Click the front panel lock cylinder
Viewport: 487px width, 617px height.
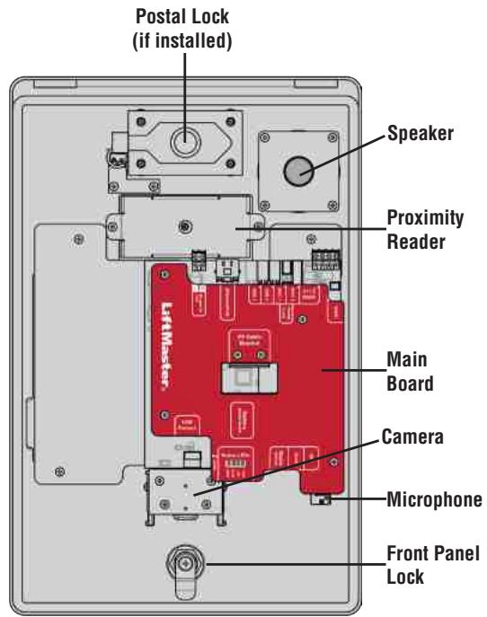tap(186, 563)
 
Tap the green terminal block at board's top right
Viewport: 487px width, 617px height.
tap(321, 260)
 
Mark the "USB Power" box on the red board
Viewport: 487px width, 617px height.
tap(189, 428)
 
